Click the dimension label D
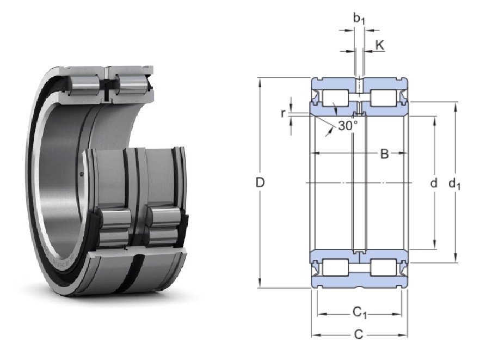click(260, 182)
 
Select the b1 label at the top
click(359, 19)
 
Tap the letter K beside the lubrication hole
click(380, 45)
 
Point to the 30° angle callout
click(348, 126)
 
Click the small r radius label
click(282, 113)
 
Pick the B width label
click(384, 154)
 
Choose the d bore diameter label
click(434, 183)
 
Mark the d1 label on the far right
click(454, 184)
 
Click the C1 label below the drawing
click(360, 313)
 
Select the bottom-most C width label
click(358, 334)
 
